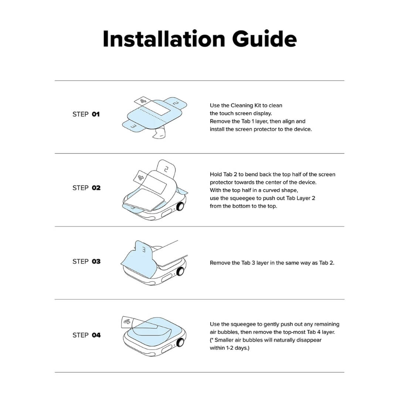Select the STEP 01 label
click(86, 115)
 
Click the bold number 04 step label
click(96, 335)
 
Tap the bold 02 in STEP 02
click(96, 188)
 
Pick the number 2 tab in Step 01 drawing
click(175, 103)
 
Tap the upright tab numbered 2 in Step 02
click(166, 169)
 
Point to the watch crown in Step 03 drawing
click(181, 272)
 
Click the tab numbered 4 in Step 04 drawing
click(127, 322)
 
